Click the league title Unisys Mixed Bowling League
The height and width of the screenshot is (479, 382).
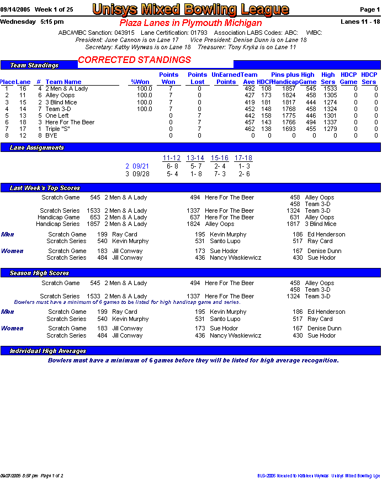tap(190, 9)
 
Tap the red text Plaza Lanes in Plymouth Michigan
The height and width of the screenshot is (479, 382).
tap(190, 23)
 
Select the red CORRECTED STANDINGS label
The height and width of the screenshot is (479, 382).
tap(135, 60)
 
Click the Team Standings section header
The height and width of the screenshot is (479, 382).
tap(34, 65)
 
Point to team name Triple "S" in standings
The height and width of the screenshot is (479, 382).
tap(57, 129)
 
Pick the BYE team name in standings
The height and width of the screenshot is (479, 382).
tap(51, 135)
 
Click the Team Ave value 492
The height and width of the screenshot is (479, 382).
tap(250, 89)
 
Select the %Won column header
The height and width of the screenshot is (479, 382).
tap(141, 82)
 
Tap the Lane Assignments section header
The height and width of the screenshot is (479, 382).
tap(37, 148)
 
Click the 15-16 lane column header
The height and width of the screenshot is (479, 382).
tap(220, 158)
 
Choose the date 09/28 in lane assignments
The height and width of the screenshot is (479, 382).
tap(141, 173)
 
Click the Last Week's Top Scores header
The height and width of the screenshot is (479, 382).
tap(45, 188)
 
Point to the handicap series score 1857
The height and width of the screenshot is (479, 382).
tap(93, 224)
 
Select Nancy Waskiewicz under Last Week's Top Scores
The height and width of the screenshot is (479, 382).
tap(235, 258)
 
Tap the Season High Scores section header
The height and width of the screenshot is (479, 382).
tap(40, 273)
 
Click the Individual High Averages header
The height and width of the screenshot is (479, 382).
tap(48, 351)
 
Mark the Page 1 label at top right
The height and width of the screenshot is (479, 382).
tap(369, 10)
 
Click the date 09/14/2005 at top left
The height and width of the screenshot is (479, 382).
tap(15, 10)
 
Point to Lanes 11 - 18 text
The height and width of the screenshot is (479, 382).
tap(360, 22)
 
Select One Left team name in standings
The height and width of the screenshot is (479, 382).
tap(57, 115)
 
